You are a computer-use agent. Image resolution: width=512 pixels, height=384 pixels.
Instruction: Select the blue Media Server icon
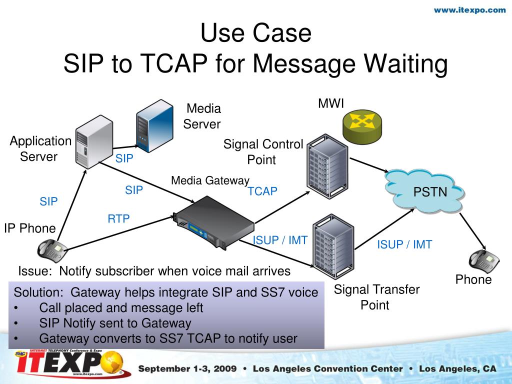click(x=155, y=124)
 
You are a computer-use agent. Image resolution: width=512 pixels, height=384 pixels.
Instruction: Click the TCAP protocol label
click(x=262, y=191)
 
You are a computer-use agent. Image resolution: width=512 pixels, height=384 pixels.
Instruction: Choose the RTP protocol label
click(x=118, y=218)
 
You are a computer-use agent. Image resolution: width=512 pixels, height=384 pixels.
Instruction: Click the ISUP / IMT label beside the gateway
click(x=280, y=240)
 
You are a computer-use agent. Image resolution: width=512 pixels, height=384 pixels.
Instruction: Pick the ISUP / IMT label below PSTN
click(x=404, y=244)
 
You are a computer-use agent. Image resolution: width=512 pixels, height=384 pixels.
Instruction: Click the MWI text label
click(x=331, y=104)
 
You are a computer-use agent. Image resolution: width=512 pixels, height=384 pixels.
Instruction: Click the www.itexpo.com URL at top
click(x=469, y=10)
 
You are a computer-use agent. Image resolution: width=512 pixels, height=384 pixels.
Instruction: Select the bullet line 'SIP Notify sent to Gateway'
click(x=115, y=323)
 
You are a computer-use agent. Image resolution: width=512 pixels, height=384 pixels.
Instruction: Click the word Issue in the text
click(x=35, y=271)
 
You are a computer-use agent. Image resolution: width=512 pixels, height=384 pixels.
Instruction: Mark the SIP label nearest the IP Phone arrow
click(x=49, y=202)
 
